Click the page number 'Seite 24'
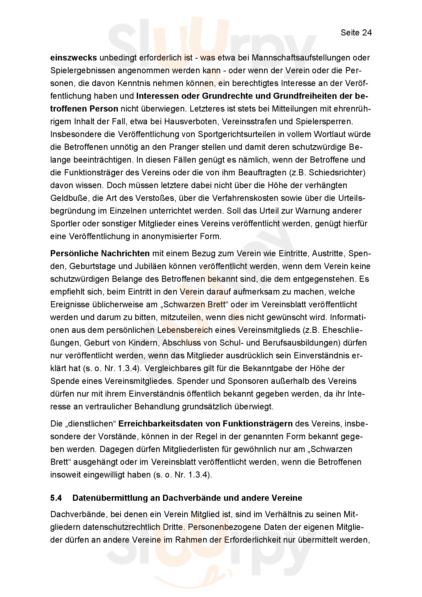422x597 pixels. (356, 33)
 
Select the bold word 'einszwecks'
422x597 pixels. (73, 58)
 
